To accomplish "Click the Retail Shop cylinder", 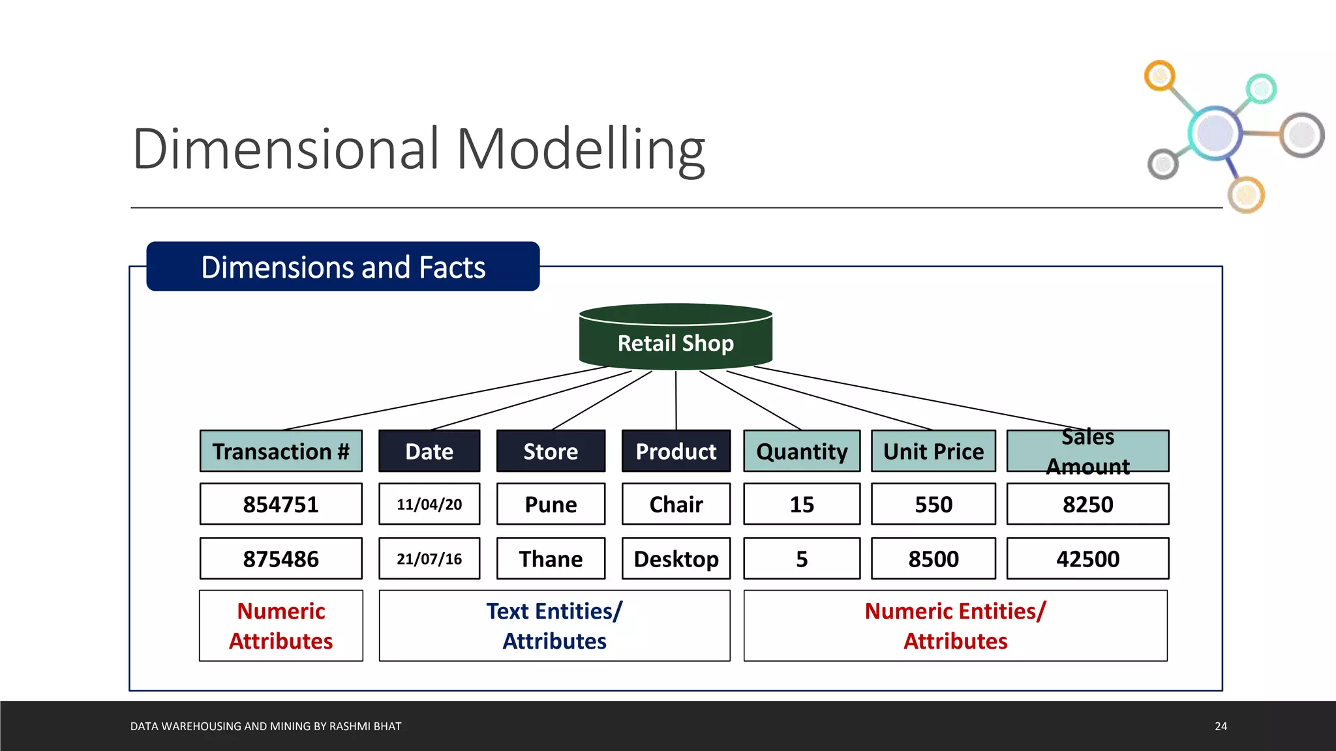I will [x=676, y=338].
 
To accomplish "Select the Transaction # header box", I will [x=281, y=451].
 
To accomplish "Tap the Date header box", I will [x=429, y=451].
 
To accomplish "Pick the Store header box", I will [x=551, y=451].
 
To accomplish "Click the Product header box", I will [x=676, y=451].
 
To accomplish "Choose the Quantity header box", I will [x=802, y=451].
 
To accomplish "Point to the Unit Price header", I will [x=933, y=451].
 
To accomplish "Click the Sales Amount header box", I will [x=1087, y=451].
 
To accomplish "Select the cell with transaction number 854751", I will [x=281, y=504].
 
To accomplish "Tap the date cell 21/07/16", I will [x=429, y=559].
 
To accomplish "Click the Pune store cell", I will [x=551, y=504].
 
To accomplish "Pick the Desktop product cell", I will [x=676, y=559].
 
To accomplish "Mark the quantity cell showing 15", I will [x=802, y=504].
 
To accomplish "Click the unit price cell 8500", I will [x=933, y=559].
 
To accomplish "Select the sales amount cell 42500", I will [x=1087, y=559].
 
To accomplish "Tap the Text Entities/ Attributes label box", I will [x=554, y=626].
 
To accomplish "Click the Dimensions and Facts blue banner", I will [x=343, y=267].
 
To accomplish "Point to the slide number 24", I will [x=1221, y=726].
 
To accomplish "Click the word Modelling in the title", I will [x=581, y=150].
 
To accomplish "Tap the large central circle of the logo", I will [x=1215, y=132].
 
